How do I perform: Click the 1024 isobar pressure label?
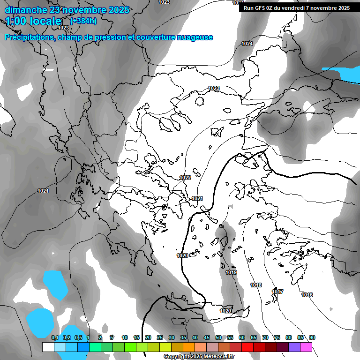[247, 44]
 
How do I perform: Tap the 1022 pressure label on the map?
[185, 178]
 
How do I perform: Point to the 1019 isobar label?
[231, 272]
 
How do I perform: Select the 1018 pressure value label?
[256, 285]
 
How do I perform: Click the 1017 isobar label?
[277, 292]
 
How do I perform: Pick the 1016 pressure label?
[307, 295]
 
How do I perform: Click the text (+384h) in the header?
[83, 21]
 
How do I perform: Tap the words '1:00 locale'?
[33, 21]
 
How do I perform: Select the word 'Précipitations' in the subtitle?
[29, 37]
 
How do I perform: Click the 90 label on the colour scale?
[312, 337]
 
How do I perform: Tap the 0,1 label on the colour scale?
[54, 337]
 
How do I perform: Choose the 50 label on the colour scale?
[218, 337]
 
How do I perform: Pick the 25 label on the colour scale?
[160, 337]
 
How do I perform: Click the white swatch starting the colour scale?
[48, 347]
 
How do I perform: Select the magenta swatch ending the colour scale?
[306, 347]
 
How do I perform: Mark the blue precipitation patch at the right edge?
[341, 74]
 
